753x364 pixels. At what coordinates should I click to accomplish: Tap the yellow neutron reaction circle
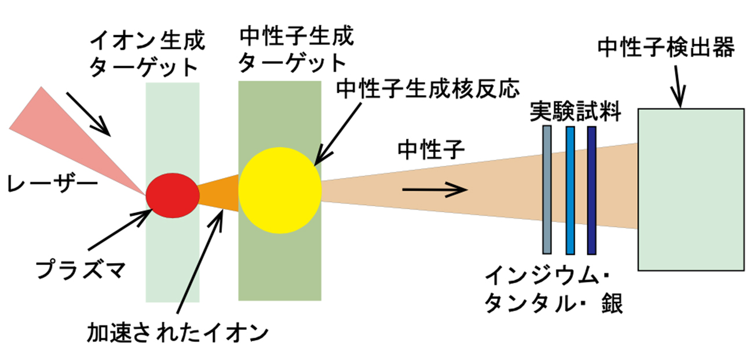point(279,190)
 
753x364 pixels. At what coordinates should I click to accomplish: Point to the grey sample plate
point(547,189)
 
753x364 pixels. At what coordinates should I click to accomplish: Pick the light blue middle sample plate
point(570,189)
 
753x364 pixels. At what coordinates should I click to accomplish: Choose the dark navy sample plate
point(591,189)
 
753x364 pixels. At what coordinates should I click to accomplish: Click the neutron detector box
point(690,189)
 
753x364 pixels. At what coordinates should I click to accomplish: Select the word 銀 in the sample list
point(612,303)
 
